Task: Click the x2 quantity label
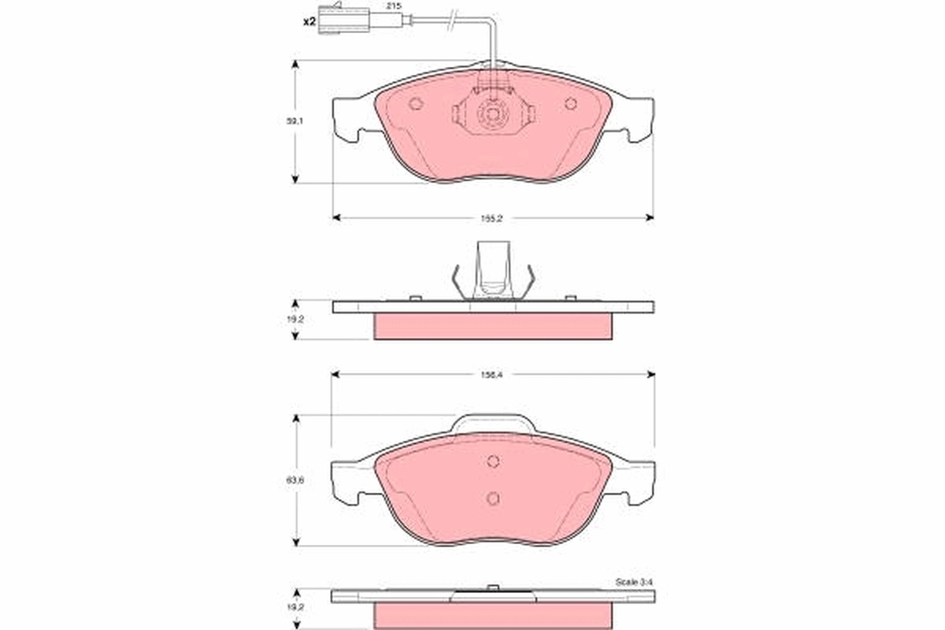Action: point(310,21)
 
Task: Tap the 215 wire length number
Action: point(391,6)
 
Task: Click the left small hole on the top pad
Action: point(417,104)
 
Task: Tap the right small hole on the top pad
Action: point(571,103)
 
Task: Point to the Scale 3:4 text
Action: point(634,582)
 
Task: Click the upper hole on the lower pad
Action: point(492,462)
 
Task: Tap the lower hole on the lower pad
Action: point(492,498)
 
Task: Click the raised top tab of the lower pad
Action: point(493,424)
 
